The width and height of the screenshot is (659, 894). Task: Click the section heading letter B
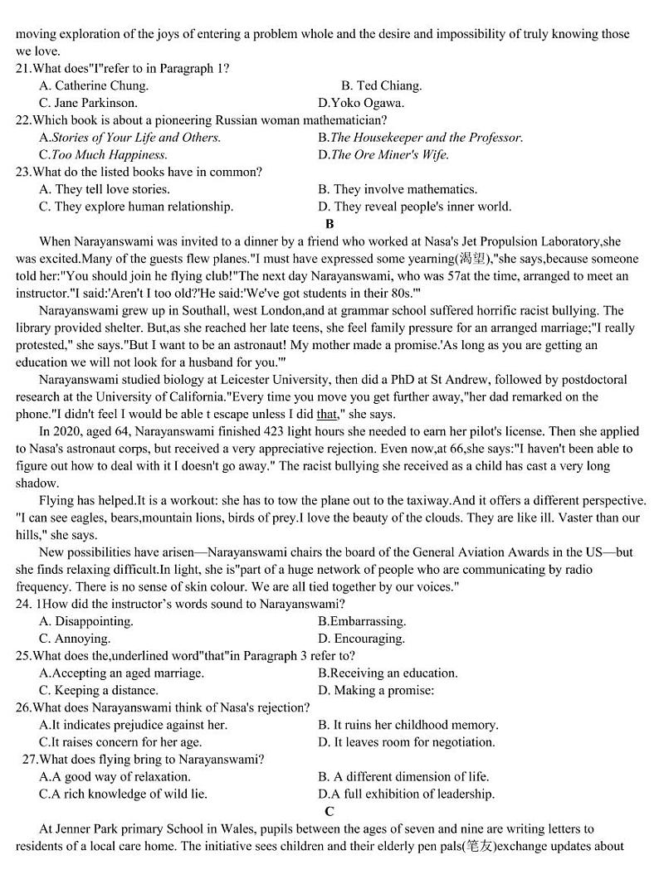[329, 224]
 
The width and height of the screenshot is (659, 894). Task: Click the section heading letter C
[329, 811]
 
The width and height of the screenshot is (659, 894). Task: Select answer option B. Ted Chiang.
[381, 85]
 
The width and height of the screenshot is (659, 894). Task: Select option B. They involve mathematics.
[398, 190]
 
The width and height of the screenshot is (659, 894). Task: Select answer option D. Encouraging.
[361, 639]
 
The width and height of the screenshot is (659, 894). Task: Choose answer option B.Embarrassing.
[362, 621]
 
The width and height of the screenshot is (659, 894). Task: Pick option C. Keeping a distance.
[98, 690]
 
